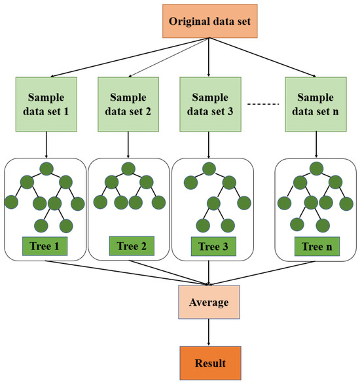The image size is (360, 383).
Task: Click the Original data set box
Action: tap(208, 20)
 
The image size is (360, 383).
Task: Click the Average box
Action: tap(208, 302)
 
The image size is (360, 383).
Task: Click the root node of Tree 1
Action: tap(45, 169)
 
